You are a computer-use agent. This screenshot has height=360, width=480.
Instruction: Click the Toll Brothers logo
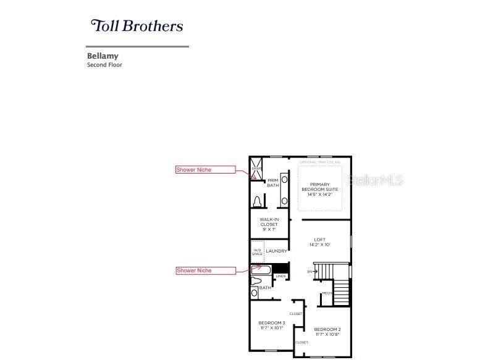[x=137, y=26]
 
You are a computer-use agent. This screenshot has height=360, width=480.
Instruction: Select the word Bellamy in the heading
[x=103, y=56]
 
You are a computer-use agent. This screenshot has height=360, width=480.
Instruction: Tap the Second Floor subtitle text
[x=104, y=65]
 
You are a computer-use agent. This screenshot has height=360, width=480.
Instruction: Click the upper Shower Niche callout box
[x=205, y=170]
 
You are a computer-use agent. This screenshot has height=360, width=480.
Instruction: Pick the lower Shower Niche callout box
[x=205, y=270]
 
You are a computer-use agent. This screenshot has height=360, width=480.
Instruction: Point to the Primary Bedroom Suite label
[x=320, y=189]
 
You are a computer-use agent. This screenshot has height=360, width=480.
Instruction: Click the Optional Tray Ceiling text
[x=321, y=162]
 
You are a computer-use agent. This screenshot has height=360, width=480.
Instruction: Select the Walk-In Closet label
[x=269, y=224]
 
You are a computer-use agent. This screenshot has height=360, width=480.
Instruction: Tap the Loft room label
[x=319, y=242]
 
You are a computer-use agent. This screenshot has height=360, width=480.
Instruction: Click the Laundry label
[x=276, y=251]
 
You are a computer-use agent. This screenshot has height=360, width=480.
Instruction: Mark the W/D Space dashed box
[x=257, y=252]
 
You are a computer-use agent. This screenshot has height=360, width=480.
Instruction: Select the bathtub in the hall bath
[x=261, y=270]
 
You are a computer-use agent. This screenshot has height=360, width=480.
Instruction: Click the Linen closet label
[x=280, y=276]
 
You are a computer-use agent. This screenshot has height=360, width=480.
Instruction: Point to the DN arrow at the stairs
[x=309, y=272]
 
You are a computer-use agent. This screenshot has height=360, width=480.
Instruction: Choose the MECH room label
[x=326, y=293]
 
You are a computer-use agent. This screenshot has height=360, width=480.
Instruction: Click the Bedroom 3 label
[x=271, y=325]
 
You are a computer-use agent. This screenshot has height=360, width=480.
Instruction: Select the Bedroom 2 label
[x=327, y=332]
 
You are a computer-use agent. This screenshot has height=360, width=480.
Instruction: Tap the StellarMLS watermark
[x=375, y=180]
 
